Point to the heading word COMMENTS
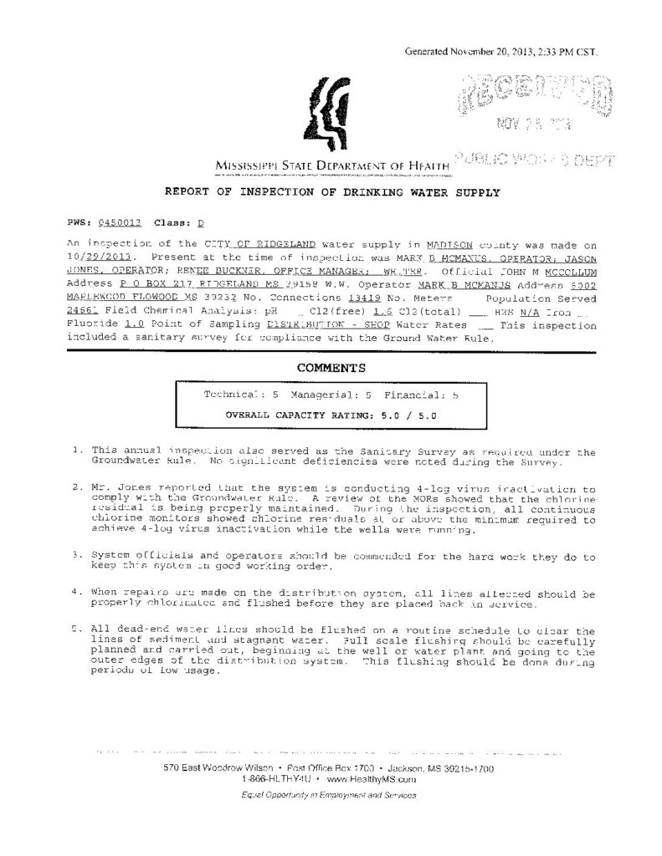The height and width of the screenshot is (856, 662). [x=331, y=366]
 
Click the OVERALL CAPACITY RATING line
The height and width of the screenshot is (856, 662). [x=331, y=414]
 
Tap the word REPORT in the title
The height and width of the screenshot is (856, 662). [x=189, y=193]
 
